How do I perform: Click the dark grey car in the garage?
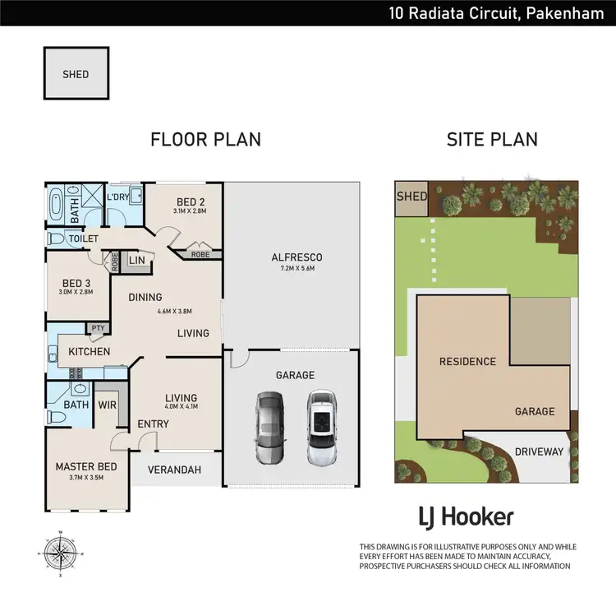269,428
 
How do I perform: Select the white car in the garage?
321,428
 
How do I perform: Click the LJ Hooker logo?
466,517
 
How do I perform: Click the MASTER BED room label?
86,467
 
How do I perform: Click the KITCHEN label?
89,351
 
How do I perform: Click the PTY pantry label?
100,328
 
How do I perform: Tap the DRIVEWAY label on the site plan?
539,451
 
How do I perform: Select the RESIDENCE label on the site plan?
467,361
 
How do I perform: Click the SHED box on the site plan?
411,197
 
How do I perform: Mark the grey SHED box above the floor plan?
76,74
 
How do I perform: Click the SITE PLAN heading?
492,139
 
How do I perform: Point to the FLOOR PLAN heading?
205,139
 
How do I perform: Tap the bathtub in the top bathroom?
57,205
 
